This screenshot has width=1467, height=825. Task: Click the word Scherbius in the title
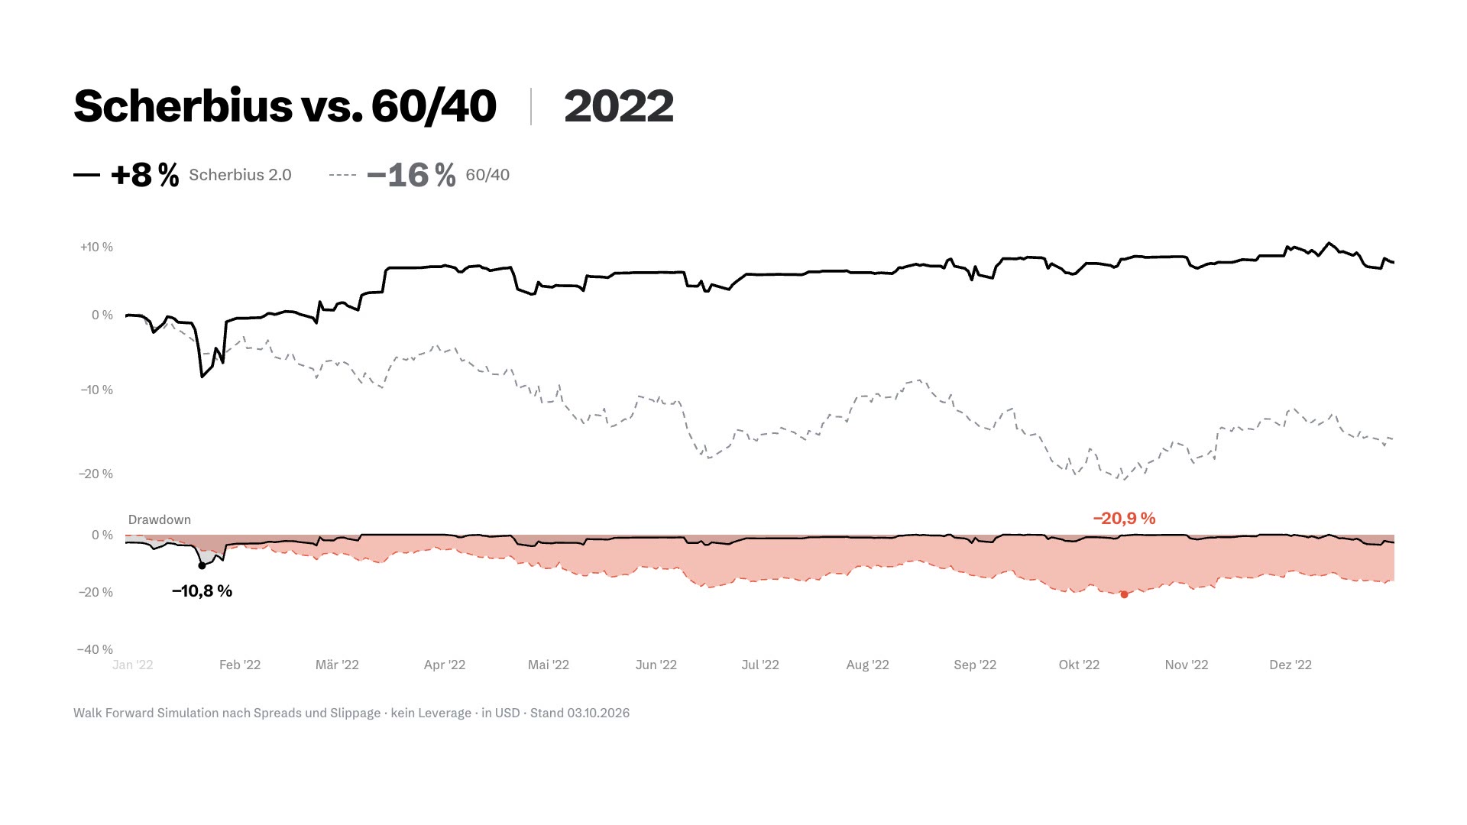click(183, 105)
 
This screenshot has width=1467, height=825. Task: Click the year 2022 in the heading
click(619, 106)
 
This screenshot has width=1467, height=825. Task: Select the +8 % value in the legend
click(144, 175)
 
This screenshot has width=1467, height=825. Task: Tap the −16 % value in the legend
click(411, 175)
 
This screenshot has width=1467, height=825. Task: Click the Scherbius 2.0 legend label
click(240, 175)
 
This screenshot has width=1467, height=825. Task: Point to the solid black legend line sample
click(86, 175)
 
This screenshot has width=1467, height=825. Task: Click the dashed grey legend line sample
click(342, 175)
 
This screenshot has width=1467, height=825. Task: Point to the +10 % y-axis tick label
click(96, 247)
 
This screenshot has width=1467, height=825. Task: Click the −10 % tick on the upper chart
click(96, 390)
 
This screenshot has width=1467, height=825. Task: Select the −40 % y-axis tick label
click(95, 649)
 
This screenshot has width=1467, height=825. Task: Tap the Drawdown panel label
click(160, 519)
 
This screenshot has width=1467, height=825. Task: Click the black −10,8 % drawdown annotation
click(202, 591)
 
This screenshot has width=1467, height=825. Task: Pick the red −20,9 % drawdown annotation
click(1124, 519)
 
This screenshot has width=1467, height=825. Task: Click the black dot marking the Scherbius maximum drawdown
click(202, 566)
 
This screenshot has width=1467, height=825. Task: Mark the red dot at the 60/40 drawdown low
click(1124, 594)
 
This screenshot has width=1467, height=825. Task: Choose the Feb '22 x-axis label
click(240, 665)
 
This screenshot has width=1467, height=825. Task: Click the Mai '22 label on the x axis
click(549, 665)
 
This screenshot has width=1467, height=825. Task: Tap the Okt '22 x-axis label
click(1079, 665)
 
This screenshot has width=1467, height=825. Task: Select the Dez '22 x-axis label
click(1291, 665)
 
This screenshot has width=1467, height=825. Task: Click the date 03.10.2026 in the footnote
click(598, 713)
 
